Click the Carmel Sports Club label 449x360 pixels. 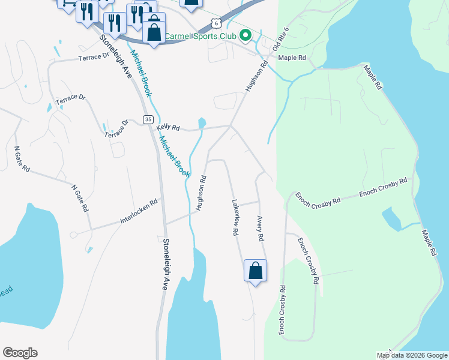coord(202,36)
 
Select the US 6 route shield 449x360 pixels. coord(215,24)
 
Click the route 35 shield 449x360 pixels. coord(148,120)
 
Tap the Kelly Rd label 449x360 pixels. coord(168,128)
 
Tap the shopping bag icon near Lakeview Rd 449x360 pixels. coord(255,271)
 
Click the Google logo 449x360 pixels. coord(20,353)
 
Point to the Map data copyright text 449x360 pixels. coord(412,355)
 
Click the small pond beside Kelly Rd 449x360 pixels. coord(202,123)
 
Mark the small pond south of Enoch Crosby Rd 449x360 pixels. coord(391,219)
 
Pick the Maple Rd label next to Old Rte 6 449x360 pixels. coord(292,58)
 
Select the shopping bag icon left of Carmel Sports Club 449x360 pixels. coord(154,31)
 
